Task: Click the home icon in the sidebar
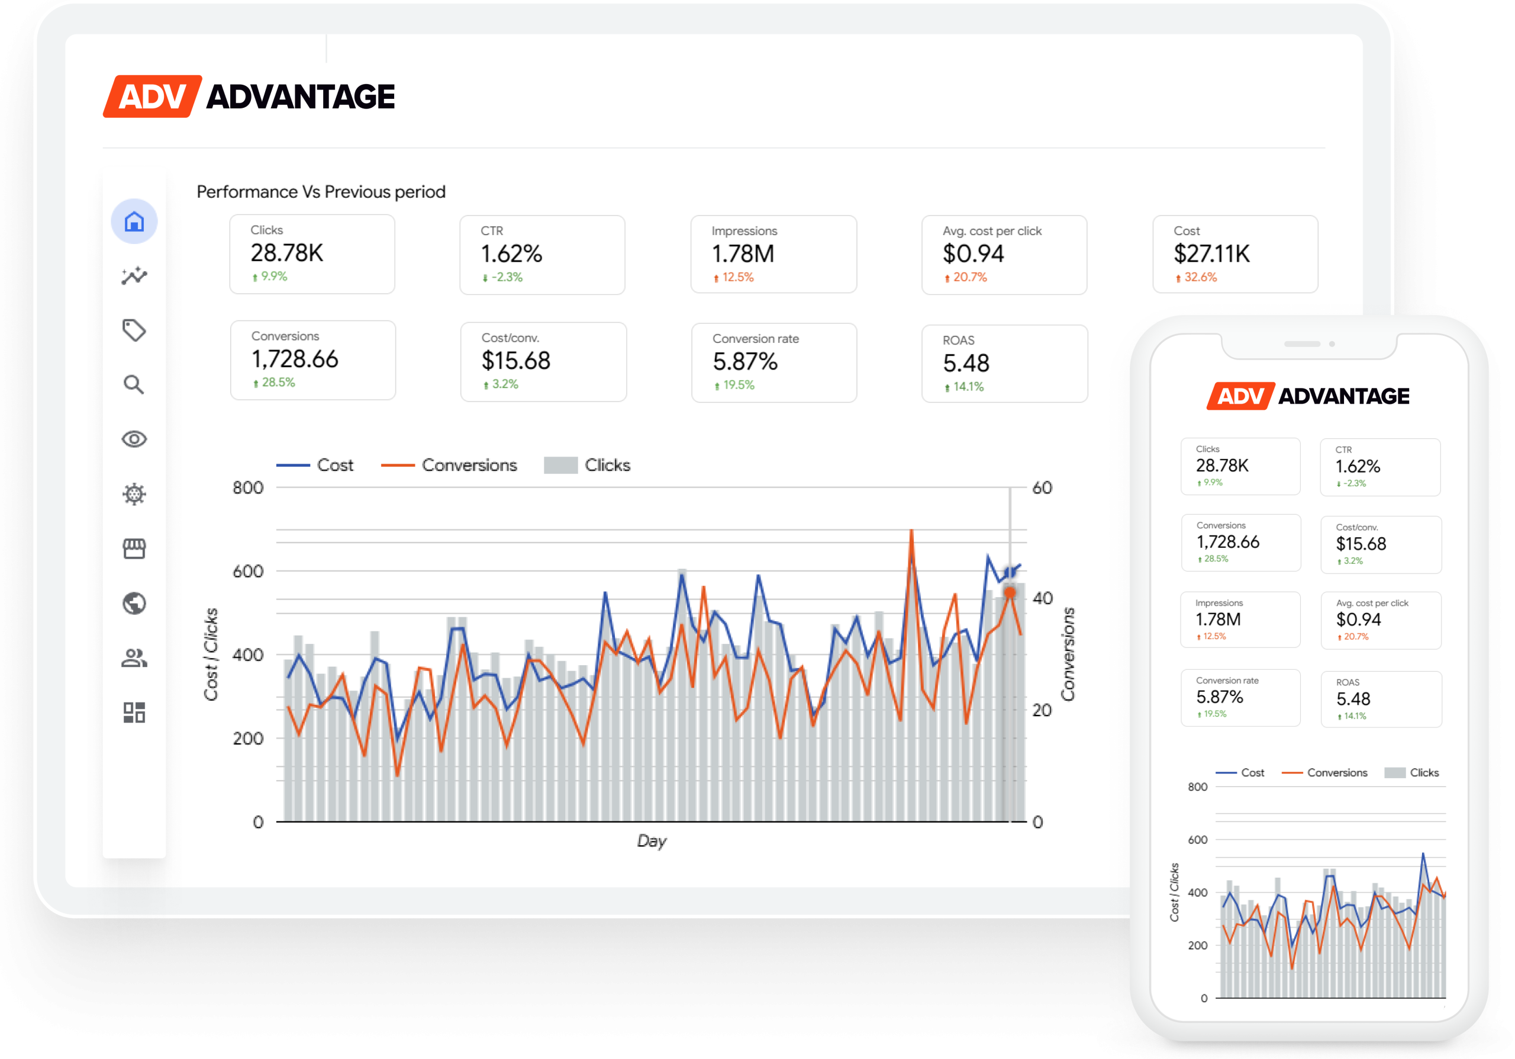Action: [134, 222]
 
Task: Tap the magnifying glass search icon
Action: [134, 384]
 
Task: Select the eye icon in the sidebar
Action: [134, 439]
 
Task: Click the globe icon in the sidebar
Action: [134, 603]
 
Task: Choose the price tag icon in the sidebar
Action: [134, 329]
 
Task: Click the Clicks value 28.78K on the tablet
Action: [286, 253]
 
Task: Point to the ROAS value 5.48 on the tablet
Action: [965, 363]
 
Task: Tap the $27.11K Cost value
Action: [1211, 253]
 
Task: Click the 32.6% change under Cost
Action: [1200, 277]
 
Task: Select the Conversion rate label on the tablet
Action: [755, 339]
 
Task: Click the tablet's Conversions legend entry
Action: [469, 466]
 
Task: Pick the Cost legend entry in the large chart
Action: [334, 466]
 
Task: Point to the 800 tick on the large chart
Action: [248, 488]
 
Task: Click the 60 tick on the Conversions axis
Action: [1042, 488]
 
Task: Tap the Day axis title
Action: [651, 840]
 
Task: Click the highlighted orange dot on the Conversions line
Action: [1010, 593]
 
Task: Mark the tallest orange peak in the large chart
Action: [911, 532]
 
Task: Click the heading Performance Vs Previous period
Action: [321, 192]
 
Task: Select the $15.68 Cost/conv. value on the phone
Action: [1361, 544]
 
